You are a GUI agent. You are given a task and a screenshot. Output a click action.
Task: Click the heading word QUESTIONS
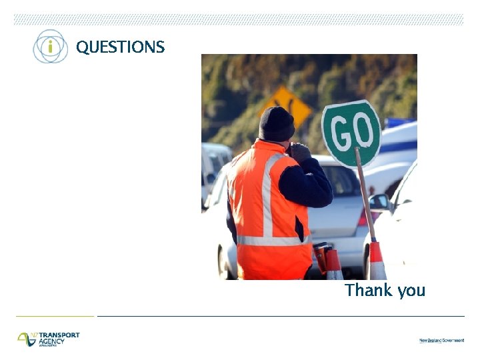tap(120, 47)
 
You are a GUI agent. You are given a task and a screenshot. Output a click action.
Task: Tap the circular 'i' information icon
tap(51, 47)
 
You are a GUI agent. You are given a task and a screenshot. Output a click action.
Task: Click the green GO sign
tap(351, 133)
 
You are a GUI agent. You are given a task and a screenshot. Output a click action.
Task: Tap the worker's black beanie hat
tap(276, 123)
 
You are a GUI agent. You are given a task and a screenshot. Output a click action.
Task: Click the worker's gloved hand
tap(301, 151)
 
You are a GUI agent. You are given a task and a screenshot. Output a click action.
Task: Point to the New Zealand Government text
tap(441, 341)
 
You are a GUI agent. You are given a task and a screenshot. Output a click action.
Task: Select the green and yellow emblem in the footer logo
tap(27, 339)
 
